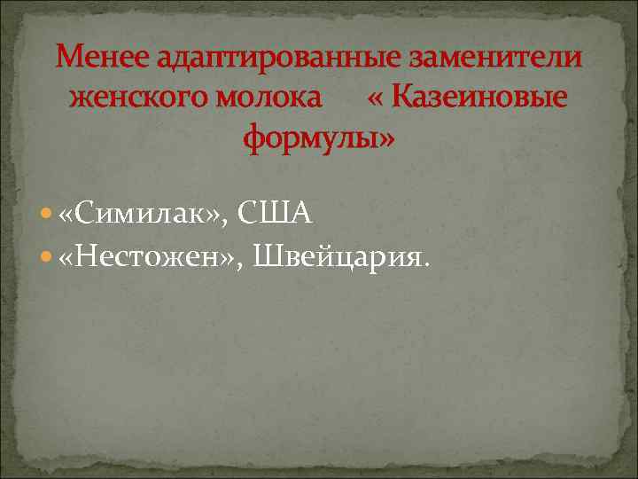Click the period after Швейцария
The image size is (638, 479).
point(430,263)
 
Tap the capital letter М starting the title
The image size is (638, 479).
point(66,59)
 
